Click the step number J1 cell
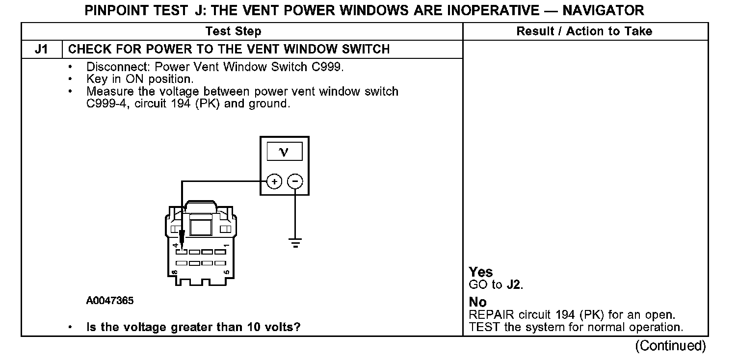(41, 49)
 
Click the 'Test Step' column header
(233, 32)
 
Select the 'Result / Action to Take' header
(584, 32)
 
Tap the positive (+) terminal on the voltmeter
(274, 182)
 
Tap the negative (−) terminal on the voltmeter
(294, 182)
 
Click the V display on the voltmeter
(284, 152)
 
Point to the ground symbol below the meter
(295, 242)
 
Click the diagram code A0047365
(110, 301)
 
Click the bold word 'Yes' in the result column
(481, 272)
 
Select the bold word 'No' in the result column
(477, 302)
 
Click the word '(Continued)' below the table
(670, 346)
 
